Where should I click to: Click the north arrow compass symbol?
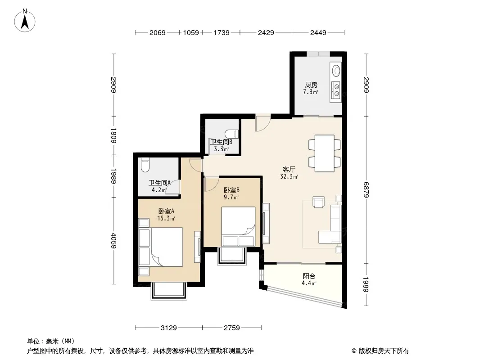(25, 21)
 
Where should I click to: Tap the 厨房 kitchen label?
(311, 85)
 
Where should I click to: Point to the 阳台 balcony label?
(308, 276)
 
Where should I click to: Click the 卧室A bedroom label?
(166, 211)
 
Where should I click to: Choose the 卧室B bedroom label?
(231, 190)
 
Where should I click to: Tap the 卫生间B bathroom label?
(221, 142)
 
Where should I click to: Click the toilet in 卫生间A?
(145, 165)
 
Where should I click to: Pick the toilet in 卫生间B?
(231, 134)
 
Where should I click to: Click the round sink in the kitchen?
(336, 71)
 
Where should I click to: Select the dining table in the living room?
(325, 153)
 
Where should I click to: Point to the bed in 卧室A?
(161, 247)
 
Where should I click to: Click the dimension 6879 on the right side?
(366, 190)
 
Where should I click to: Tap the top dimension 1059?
(191, 32)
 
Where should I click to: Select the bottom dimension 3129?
(169, 328)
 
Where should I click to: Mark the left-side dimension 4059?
(113, 241)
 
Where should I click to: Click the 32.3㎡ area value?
(289, 176)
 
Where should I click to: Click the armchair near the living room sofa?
(318, 202)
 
